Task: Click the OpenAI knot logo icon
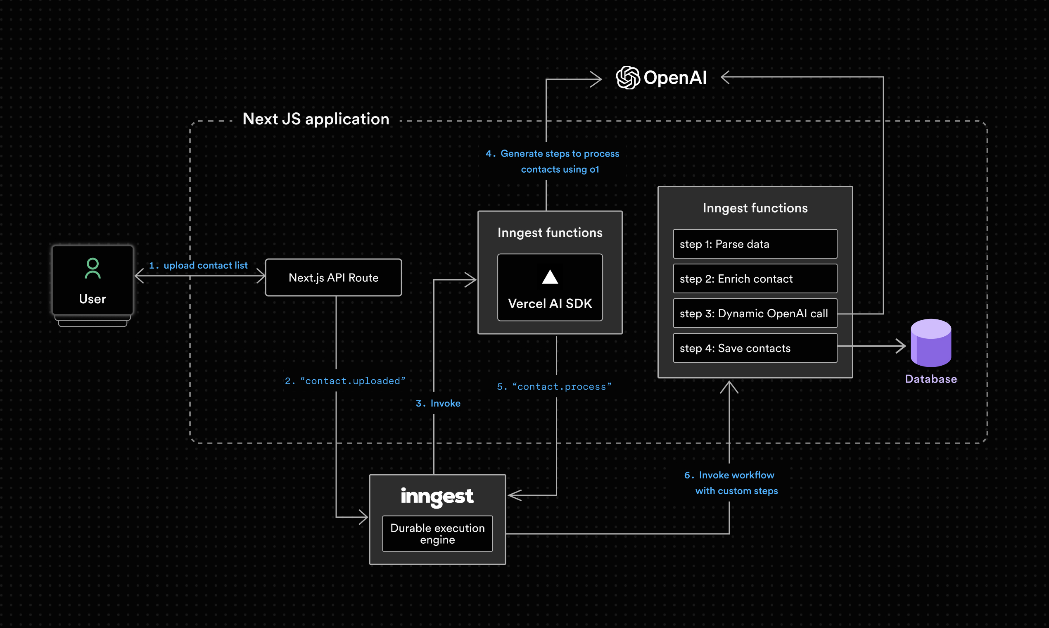[x=628, y=77]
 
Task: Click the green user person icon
[x=93, y=268]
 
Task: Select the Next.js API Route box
[x=333, y=278]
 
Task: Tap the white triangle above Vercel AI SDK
[x=550, y=277]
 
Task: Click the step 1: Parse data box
[x=755, y=244]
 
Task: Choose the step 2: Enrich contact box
[x=755, y=279]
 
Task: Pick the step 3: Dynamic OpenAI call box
[x=755, y=314]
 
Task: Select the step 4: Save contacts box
[x=755, y=348]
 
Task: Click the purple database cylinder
[x=930, y=343]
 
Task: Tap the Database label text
[x=930, y=379]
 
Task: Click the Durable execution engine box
[x=437, y=534]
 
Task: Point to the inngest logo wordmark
[x=437, y=497]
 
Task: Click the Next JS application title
[x=316, y=119]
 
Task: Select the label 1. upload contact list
[x=198, y=265]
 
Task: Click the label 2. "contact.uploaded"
[x=345, y=381]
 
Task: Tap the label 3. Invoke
[x=438, y=403]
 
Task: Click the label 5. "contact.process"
[x=554, y=387]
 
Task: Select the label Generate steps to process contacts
[x=553, y=161]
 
